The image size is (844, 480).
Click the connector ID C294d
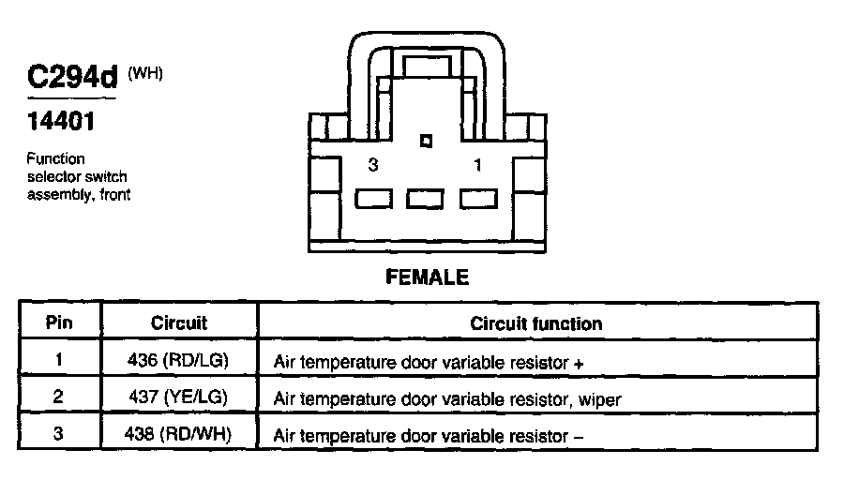click(x=72, y=77)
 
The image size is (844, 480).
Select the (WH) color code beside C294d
click(x=144, y=73)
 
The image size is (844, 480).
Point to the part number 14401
click(x=61, y=121)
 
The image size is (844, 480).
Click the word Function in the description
click(x=56, y=158)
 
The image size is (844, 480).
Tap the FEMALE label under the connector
click(x=428, y=277)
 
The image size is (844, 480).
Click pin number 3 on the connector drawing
click(x=373, y=165)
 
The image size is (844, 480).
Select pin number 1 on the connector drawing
click(x=477, y=165)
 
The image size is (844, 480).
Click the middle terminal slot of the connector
click(x=425, y=199)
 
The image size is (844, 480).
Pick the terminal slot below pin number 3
click(x=373, y=199)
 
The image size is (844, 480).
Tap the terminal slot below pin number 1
click(x=478, y=199)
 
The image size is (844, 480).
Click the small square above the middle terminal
click(x=426, y=141)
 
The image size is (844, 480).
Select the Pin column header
click(x=59, y=322)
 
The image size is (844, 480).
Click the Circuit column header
click(x=179, y=322)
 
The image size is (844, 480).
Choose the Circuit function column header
click(x=536, y=323)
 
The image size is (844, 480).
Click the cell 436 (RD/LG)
click(x=178, y=359)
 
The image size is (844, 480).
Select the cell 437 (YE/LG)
click(x=178, y=397)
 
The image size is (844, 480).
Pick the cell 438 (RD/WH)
click(x=177, y=434)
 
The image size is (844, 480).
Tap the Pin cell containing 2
click(x=58, y=397)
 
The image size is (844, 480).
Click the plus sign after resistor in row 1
click(x=579, y=364)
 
